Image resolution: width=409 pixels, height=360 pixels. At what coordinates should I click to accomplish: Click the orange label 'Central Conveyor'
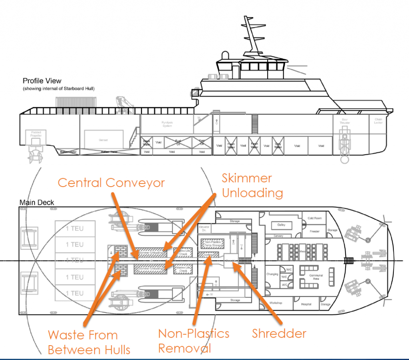111,183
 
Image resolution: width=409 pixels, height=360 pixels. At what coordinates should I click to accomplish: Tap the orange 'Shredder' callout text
279,333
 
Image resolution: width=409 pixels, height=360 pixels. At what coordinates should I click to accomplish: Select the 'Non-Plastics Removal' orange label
194,340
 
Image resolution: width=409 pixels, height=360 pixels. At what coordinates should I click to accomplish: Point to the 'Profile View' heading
42,81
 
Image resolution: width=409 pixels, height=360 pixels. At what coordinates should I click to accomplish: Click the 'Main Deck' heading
37,203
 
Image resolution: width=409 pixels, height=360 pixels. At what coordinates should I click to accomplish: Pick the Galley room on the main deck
281,225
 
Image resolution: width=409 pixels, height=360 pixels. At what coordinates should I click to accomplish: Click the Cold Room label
315,219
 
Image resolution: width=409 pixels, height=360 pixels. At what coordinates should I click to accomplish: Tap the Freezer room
315,231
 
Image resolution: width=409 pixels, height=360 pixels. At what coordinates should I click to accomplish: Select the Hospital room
306,304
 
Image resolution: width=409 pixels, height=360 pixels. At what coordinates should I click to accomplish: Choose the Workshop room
276,303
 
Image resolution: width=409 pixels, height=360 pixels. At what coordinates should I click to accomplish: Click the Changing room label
272,274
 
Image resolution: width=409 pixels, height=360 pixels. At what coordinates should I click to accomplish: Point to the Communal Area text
313,276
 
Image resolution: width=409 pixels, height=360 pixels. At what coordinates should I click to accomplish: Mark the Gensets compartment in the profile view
104,140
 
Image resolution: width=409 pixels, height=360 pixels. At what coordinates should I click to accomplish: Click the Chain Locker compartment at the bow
378,121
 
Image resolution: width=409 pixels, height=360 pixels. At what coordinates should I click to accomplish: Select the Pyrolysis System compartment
167,124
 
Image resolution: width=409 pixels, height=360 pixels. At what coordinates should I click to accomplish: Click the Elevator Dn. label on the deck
204,228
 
